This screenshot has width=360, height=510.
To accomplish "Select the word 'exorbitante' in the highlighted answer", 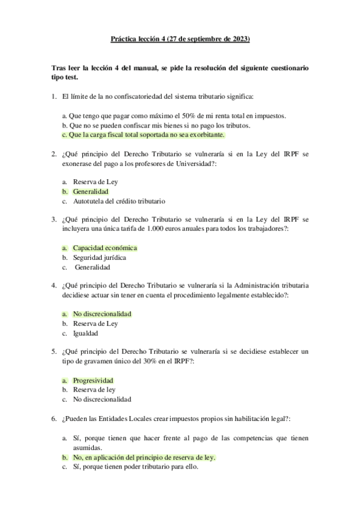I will point(206,135).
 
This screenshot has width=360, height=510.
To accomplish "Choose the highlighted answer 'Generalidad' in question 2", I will point(91,191).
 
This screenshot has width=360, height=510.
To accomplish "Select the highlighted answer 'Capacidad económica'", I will point(105,248).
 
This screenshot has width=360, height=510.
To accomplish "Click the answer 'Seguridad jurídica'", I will point(99,257).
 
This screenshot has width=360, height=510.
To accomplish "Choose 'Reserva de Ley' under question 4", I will point(95,324).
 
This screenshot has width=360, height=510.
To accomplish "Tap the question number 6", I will point(53,418).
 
